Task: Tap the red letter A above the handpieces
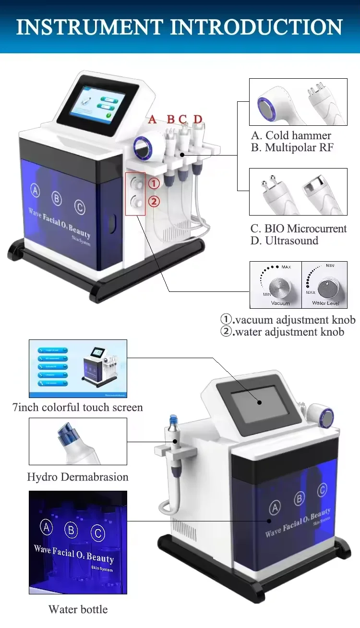coord(153,119)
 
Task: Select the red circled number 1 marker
coord(154,183)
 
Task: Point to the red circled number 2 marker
coord(154,201)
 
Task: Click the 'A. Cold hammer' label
coord(291,135)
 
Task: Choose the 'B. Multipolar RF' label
coord(292,147)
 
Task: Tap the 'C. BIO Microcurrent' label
coord(298,229)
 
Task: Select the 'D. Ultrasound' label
coord(284,241)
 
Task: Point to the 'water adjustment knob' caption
coord(288,332)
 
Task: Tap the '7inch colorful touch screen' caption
coord(77,408)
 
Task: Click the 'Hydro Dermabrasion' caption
coord(78,477)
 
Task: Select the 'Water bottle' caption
coord(78,610)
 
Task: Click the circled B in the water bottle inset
coord(72,530)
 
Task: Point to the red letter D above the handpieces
coord(198,119)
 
